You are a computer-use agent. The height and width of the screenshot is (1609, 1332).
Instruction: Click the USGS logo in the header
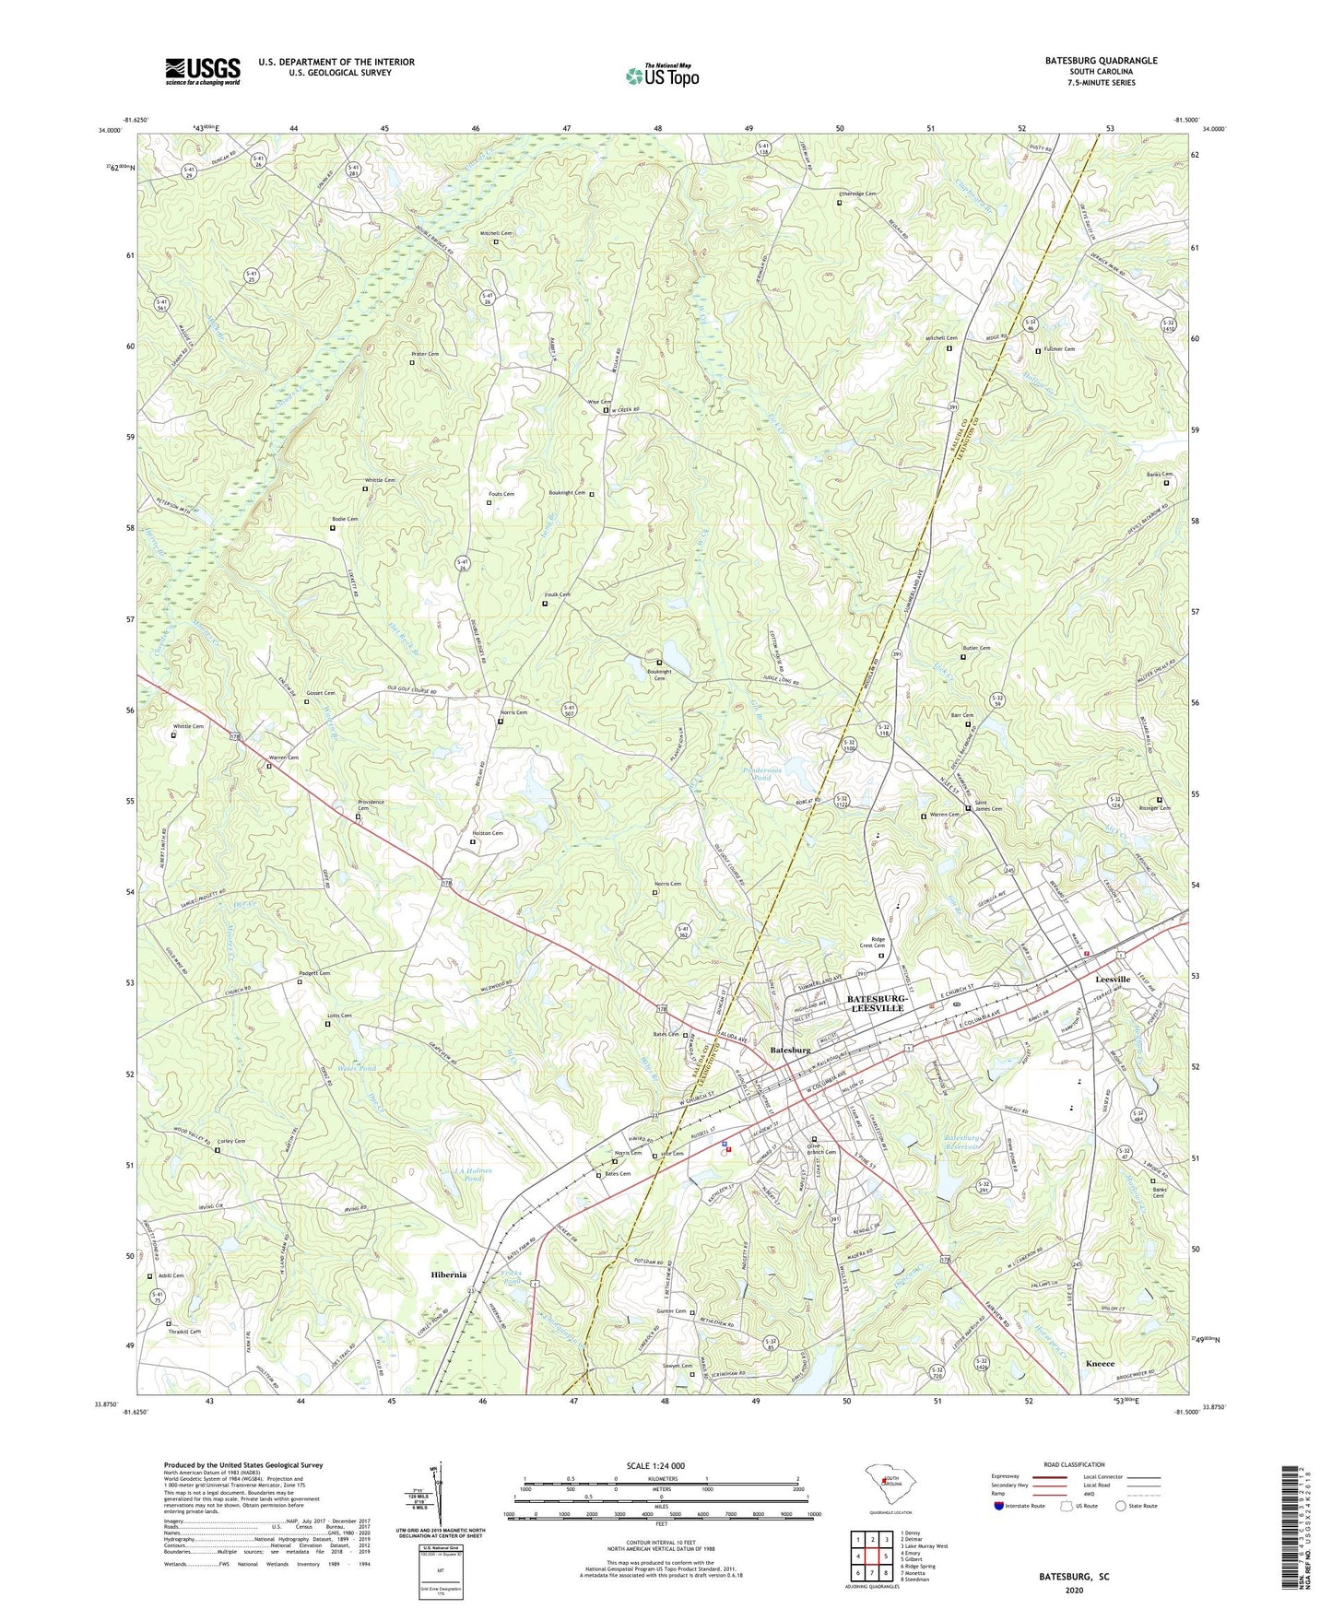click(x=203, y=71)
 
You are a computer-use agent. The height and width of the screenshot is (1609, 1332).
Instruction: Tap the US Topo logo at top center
click(x=661, y=75)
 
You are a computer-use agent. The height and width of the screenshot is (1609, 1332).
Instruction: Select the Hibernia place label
click(x=448, y=1274)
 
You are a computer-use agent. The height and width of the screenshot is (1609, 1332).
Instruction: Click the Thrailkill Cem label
click(x=184, y=1331)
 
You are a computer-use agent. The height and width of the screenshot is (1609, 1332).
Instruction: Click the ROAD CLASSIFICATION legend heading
click(x=1075, y=1464)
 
